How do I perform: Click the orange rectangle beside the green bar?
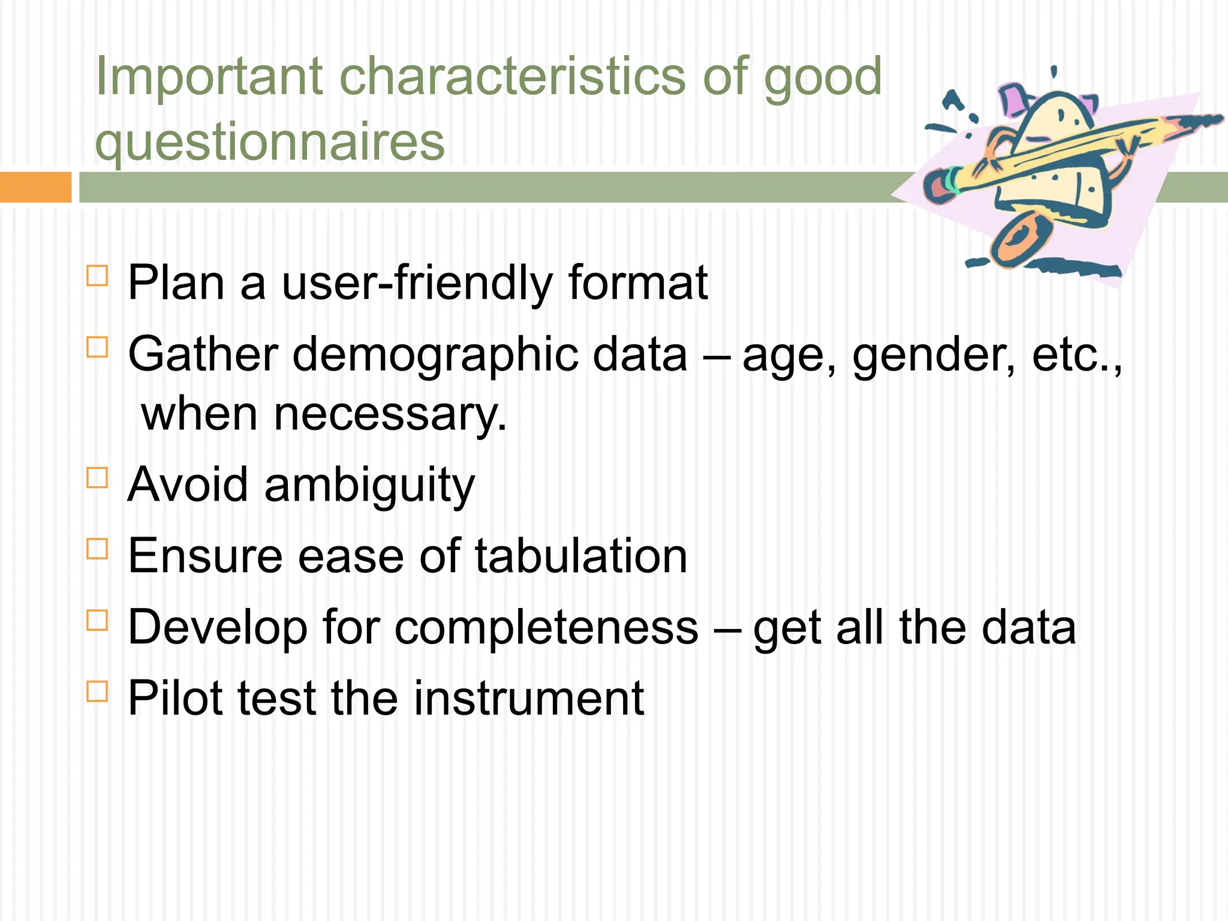[35, 187]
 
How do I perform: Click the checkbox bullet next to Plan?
[97, 276]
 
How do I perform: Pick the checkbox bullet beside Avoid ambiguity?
[97, 478]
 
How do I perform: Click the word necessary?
[390, 415]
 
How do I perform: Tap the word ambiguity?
[369, 486]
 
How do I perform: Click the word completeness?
[546, 628]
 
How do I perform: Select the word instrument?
[528, 699]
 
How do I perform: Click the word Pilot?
[174, 699]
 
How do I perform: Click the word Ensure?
[204, 556]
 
